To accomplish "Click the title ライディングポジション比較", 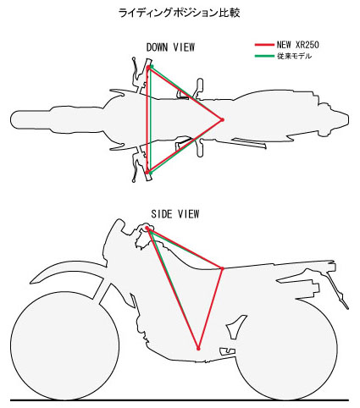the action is tap(179, 13).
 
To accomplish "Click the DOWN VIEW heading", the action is tap(170, 47).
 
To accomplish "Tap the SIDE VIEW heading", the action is tap(175, 214).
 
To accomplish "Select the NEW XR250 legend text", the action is tap(297, 45).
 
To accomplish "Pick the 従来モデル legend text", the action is tap(294, 56).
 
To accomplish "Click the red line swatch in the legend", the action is tap(264, 45).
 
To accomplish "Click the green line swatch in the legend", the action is tap(264, 56).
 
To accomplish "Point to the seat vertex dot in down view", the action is tap(222, 119).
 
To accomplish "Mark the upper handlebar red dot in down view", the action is tap(148, 68).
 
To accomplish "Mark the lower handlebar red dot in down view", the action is tap(147, 172).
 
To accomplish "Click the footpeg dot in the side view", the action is tap(198, 349).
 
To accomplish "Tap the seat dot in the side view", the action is tap(222, 268).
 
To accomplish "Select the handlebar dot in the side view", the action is tap(147, 228).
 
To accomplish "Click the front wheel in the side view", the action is tap(64, 346).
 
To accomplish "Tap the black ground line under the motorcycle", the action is tap(180, 400).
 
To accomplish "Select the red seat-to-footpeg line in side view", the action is tap(210, 309).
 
